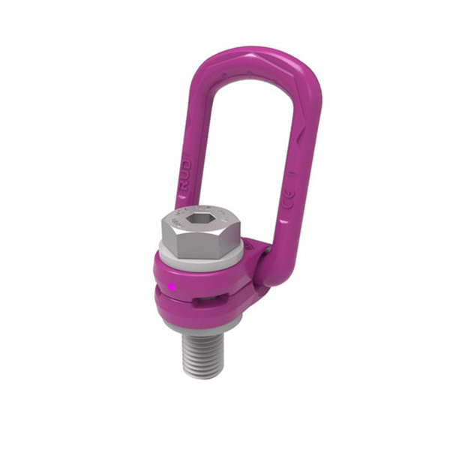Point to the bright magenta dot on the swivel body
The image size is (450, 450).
171,287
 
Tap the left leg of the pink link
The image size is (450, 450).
187,135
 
